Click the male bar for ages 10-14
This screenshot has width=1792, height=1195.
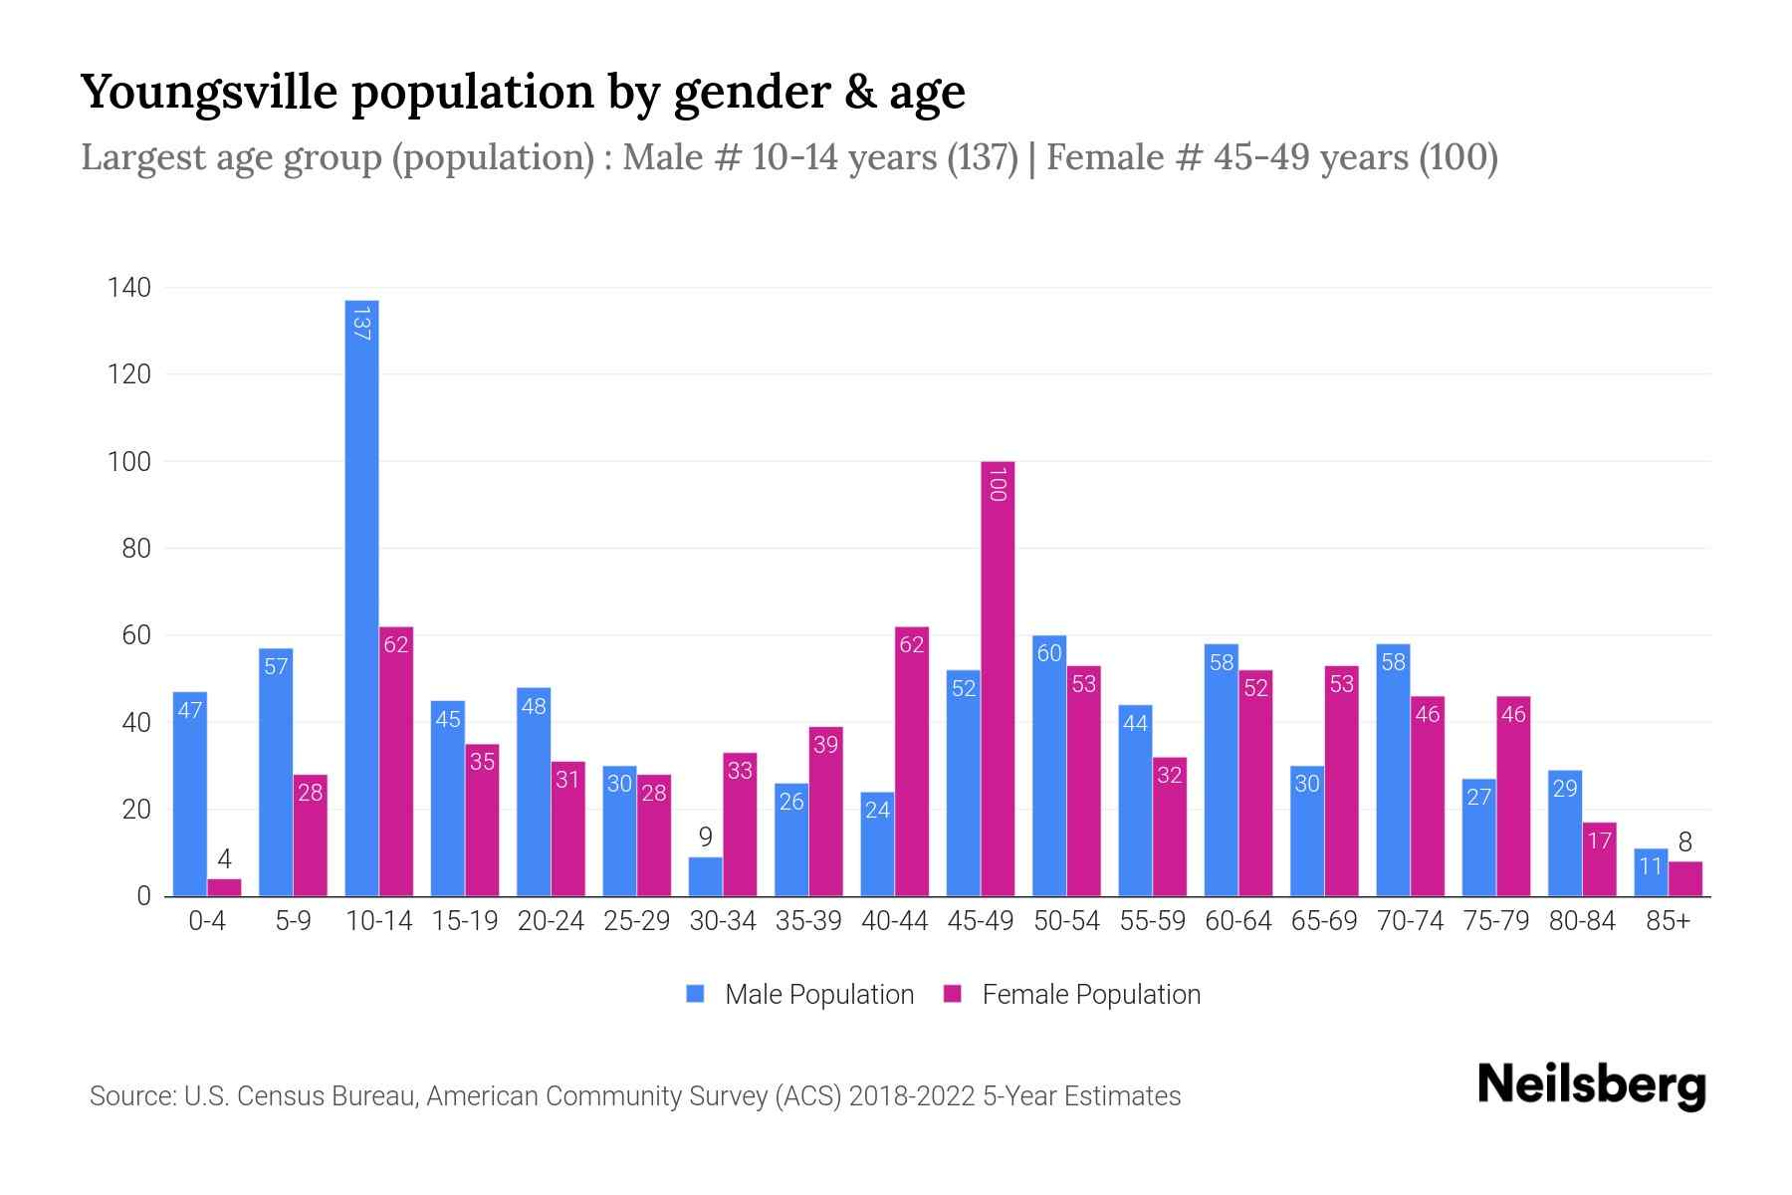tap(361, 597)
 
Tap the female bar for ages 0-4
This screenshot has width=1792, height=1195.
tap(224, 887)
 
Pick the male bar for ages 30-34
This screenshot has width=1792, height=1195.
tap(705, 876)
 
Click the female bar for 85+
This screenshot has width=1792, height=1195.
tap(1685, 879)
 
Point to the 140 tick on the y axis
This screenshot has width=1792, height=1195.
tap(129, 288)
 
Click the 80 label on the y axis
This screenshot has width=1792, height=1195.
tap(136, 549)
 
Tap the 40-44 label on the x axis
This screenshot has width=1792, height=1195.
tap(894, 921)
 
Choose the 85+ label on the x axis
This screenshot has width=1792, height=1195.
tap(1668, 921)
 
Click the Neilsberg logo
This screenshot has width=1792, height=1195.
tap(1591, 1085)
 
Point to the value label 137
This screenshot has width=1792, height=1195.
tap(361, 324)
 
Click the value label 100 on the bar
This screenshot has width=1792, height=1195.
tap(998, 485)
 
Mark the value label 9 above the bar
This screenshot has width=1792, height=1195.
tap(705, 837)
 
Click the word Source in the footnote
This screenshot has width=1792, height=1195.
tap(130, 1096)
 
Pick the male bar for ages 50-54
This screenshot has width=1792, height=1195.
tap(1049, 766)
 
